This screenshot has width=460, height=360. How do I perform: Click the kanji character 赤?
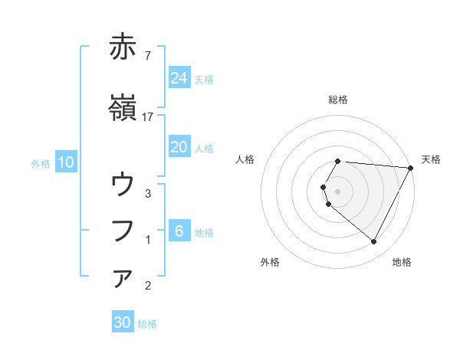pyautogui.click(x=123, y=47)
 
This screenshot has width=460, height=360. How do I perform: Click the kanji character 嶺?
pyautogui.click(x=123, y=109)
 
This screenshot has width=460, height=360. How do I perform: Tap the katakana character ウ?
pyautogui.click(x=123, y=185)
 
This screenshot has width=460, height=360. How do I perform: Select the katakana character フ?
pyautogui.click(x=123, y=231)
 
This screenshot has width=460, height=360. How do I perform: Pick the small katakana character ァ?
pyautogui.click(x=123, y=279)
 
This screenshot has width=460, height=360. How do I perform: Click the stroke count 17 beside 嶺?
pyautogui.click(x=148, y=116)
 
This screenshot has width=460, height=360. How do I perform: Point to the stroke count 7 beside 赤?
pyautogui.click(x=148, y=55)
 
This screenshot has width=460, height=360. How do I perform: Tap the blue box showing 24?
pyautogui.click(x=179, y=78)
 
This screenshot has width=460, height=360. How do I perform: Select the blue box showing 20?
pyautogui.click(x=179, y=148)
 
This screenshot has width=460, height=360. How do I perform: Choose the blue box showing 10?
pyautogui.click(x=66, y=162)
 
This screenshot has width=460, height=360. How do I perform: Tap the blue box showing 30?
pyautogui.click(x=123, y=323)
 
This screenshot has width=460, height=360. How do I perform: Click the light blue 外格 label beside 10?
pyautogui.click(x=41, y=163)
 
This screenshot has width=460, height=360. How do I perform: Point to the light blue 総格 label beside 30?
pyautogui.click(x=148, y=324)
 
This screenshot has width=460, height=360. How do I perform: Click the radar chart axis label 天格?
pyautogui.click(x=432, y=159)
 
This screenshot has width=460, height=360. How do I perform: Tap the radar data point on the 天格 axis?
pyautogui.click(x=411, y=168)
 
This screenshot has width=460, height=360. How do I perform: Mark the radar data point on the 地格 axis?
pyautogui.click(x=374, y=242)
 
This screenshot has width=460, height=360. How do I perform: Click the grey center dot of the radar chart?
pyautogui.click(x=338, y=191)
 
